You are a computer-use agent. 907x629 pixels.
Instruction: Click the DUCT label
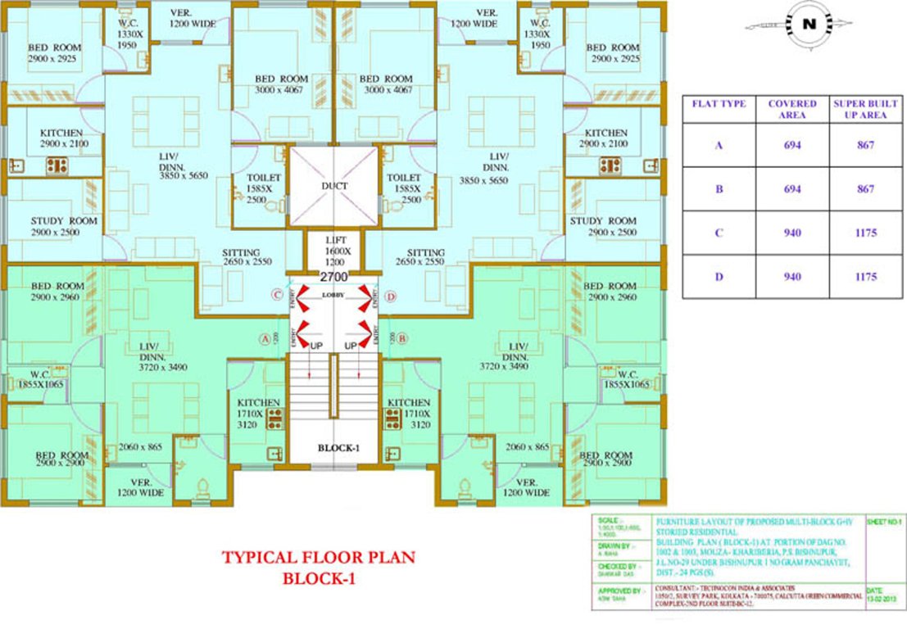[x=334, y=186]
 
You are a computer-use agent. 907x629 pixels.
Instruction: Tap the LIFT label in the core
[x=334, y=240]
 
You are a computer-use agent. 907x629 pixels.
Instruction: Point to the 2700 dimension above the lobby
[x=333, y=278]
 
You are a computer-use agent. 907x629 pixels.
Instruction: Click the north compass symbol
[x=809, y=25]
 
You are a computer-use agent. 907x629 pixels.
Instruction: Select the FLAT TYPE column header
[x=719, y=105]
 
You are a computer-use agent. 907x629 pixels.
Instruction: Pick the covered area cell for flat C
[x=791, y=233]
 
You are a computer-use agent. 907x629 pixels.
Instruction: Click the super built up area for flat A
[x=866, y=145]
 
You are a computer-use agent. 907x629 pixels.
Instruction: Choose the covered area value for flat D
[x=791, y=277]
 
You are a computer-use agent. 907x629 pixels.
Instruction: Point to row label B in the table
[x=719, y=188]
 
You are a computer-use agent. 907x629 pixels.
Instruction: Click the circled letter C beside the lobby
[x=278, y=295]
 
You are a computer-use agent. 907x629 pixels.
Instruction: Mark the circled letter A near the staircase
[x=264, y=337]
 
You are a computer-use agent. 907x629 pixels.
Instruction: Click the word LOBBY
[x=333, y=295]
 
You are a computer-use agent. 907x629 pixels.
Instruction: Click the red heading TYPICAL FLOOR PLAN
[x=318, y=558]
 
